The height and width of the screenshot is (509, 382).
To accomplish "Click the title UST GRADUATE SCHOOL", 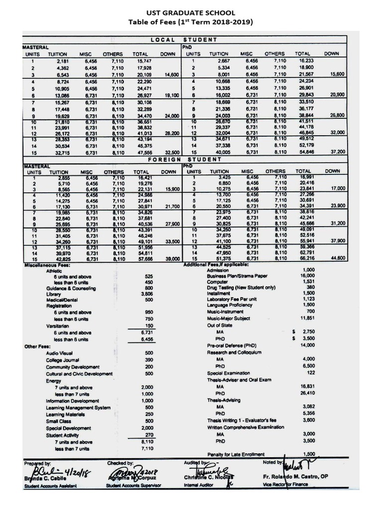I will point(191,12).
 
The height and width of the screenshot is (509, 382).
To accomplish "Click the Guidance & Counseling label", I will point(67,288).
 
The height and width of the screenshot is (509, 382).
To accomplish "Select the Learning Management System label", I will point(78,407).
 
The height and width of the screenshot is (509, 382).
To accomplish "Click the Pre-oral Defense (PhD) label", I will point(231,345).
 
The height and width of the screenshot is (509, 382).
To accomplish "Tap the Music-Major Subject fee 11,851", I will point(307,318).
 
